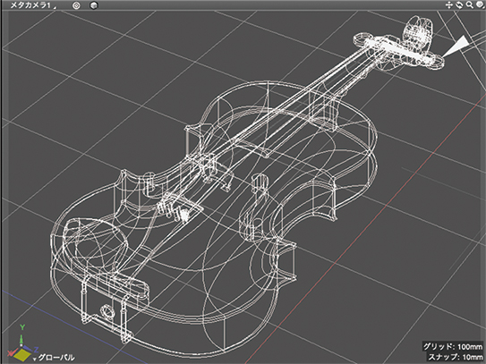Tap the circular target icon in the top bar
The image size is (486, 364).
[76, 5]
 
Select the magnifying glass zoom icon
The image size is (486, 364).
[470, 5]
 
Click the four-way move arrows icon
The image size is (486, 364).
[449, 5]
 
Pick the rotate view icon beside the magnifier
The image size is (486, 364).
[459, 5]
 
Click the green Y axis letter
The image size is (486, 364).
[22, 327]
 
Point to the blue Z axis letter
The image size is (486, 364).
[37, 349]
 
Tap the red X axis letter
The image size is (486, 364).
[10, 353]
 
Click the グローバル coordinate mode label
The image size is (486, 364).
[56, 358]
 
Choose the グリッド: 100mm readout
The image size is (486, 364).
[453, 346]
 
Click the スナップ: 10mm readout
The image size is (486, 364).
[455, 357]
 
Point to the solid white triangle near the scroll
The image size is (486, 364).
[455, 46]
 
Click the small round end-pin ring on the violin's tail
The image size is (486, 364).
[107, 309]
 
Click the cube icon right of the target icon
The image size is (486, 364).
[94, 5]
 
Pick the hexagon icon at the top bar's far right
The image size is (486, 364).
[480, 5]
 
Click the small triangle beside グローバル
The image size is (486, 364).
[35, 359]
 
